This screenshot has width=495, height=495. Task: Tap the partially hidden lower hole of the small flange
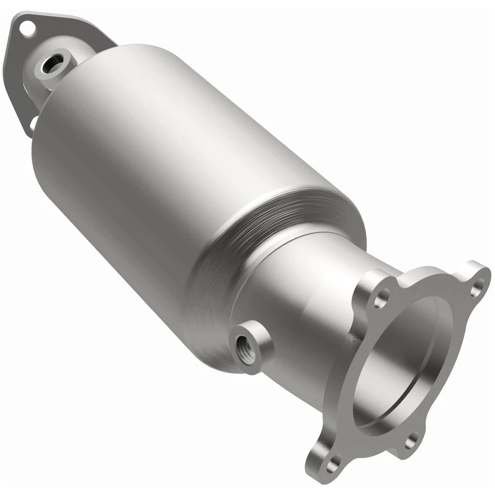pyautogui.click(x=32, y=123)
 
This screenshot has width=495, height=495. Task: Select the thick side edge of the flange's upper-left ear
pyautogui.click(x=361, y=289)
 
